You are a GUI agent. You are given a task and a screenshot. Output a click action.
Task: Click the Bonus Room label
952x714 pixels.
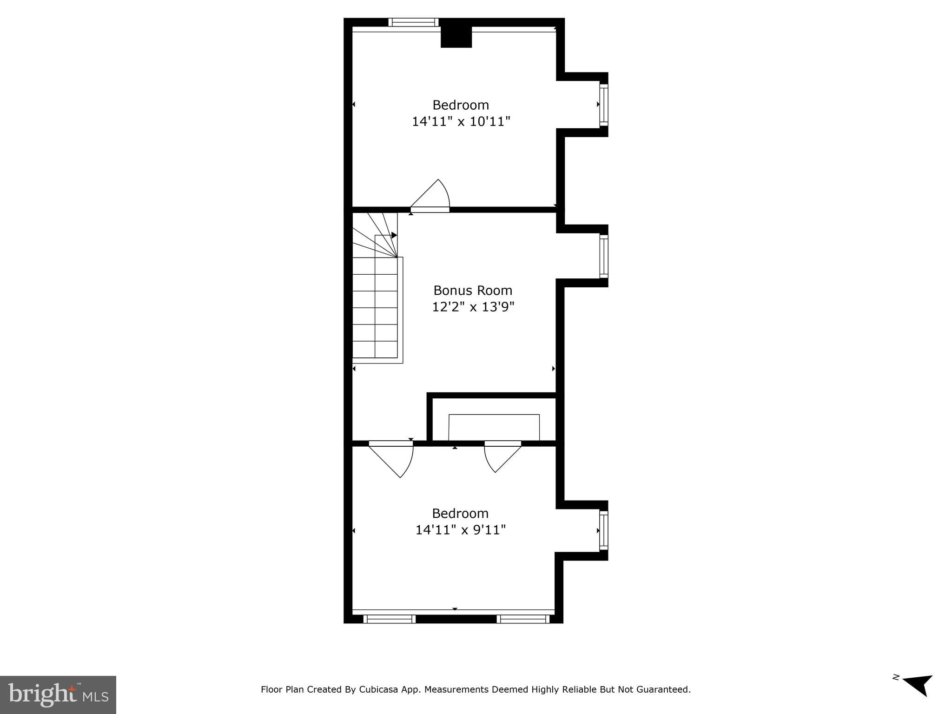(473, 291)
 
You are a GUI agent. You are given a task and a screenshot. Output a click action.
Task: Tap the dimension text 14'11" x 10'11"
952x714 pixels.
(461, 122)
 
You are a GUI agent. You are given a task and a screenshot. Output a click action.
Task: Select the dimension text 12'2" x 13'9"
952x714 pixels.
(473, 307)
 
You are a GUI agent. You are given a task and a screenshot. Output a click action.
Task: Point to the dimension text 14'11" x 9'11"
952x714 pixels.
(460, 530)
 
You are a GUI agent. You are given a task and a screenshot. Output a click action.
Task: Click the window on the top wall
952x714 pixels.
(413, 22)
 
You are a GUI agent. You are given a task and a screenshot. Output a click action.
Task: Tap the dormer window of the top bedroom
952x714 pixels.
(603, 105)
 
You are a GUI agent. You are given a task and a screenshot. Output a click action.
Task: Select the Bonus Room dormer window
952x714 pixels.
(603, 256)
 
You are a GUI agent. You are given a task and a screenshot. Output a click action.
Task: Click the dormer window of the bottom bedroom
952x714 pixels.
(603, 530)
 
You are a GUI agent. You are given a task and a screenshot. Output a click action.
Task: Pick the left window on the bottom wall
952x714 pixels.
(389, 619)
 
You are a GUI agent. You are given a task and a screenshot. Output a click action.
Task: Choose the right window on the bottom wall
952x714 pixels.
(523, 619)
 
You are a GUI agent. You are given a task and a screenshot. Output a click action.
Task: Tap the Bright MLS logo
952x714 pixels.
(58, 694)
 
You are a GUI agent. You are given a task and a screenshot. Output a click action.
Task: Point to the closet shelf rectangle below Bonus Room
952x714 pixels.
(494, 427)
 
